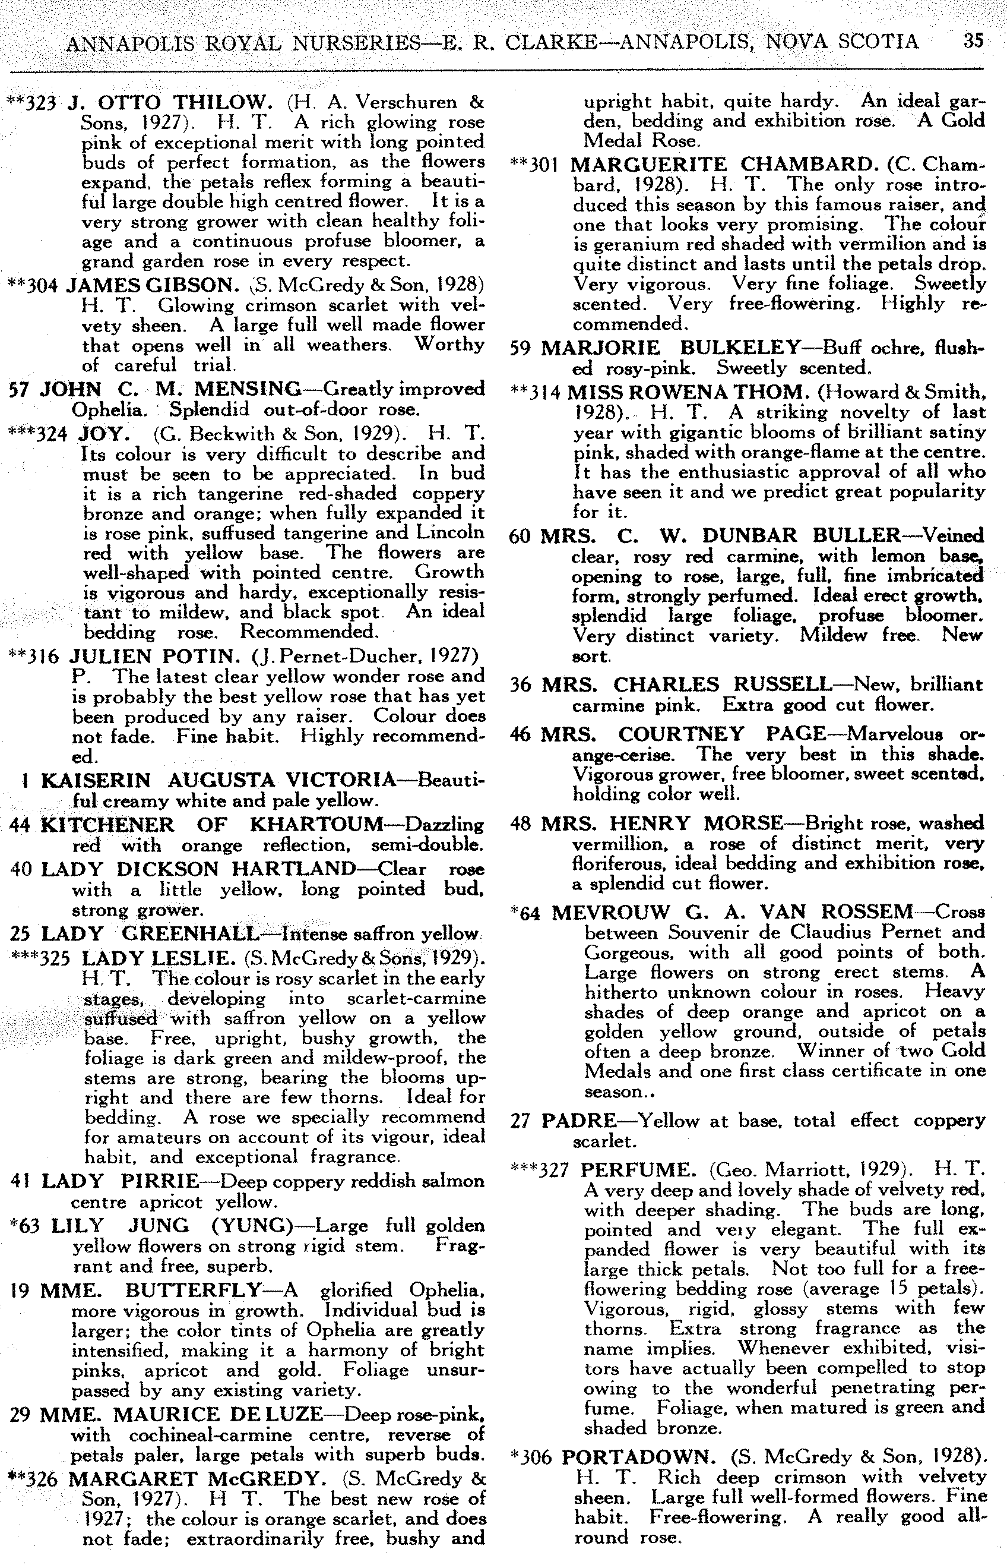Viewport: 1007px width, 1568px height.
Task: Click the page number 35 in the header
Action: pos(973,40)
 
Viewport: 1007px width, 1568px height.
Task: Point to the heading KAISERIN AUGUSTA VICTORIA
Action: pos(218,780)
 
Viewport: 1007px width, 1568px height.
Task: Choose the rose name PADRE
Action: pos(581,1121)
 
